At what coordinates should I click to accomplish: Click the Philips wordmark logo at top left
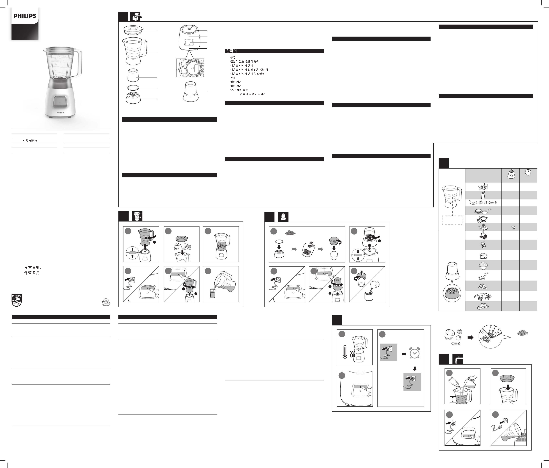pyautogui.click(x=25, y=16)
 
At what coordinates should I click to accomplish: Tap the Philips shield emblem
pyautogui.click(x=16, y=300)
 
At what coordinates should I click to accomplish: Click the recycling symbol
pyautogui.click(x=106, y=302)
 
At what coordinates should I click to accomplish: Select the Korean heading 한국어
pyautogui.click(x=231, y=51)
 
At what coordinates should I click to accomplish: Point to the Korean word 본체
pyautogui.click(x=233, y=78)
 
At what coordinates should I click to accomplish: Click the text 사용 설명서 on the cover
pyautogui.click(x=30, y=141)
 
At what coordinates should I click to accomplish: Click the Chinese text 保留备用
pyautogui.click(x=32, y=273)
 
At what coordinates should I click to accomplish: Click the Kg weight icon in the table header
pyautogui.click(x=511, y=174)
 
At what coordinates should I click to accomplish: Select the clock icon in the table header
pyautogui.click(x=528, y=172)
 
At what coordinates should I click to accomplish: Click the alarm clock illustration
pyautogui.click(x=414, y=353)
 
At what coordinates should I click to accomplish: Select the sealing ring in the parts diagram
pyautogui.click(x=133, y=88)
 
